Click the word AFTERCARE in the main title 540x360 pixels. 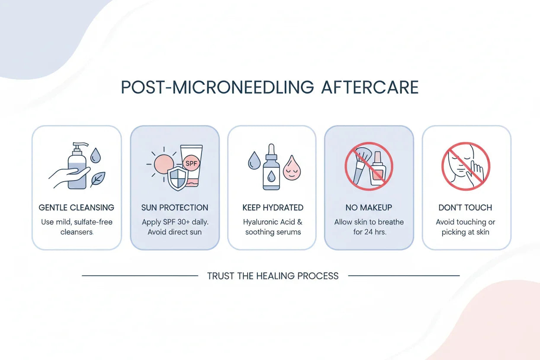[x=370, y=87]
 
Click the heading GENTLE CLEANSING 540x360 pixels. [x=77, y=208]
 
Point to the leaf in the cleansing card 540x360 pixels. [x=98, y=178]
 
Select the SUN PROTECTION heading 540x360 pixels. [x=175, y=208]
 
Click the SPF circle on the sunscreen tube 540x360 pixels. [x=191, y=164]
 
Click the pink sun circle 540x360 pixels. [x=164, y=164]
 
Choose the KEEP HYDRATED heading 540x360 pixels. [x=273, y=208]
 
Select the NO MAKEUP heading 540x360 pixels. [x=369, y=208]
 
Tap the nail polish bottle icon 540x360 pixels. [x=377, y=170]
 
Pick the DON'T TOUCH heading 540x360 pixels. [x=466, y=208]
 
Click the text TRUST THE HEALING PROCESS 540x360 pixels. [x=273, y=276]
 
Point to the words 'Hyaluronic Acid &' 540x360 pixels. [x=273, y=222]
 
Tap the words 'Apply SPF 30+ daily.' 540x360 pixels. [x=175, y=222]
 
